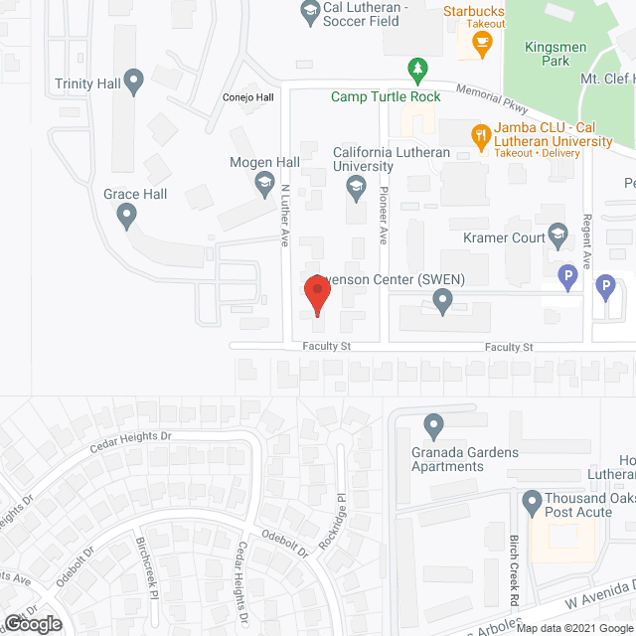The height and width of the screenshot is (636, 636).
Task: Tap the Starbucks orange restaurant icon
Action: click(x=482, y=42)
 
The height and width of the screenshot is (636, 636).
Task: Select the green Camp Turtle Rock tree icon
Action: click(x=418, y=69)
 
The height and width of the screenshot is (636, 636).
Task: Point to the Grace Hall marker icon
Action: click(x=125, y=214)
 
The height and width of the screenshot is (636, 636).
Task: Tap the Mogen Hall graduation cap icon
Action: click(x=264, y=183)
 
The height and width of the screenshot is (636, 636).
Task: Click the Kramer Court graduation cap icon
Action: click(x=556, y=237)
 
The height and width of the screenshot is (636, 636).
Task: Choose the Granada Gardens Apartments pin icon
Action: click(x=433, y=425)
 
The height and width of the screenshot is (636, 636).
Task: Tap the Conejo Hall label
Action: click(x=246, y=97)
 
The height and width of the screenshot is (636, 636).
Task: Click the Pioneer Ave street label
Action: click(x=384, y=205)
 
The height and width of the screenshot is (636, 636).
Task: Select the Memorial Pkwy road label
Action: click(x=491, y=99)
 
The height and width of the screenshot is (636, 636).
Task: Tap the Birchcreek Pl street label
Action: click(x=148, y=566)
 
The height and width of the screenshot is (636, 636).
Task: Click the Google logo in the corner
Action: click(x=32, y=623)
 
